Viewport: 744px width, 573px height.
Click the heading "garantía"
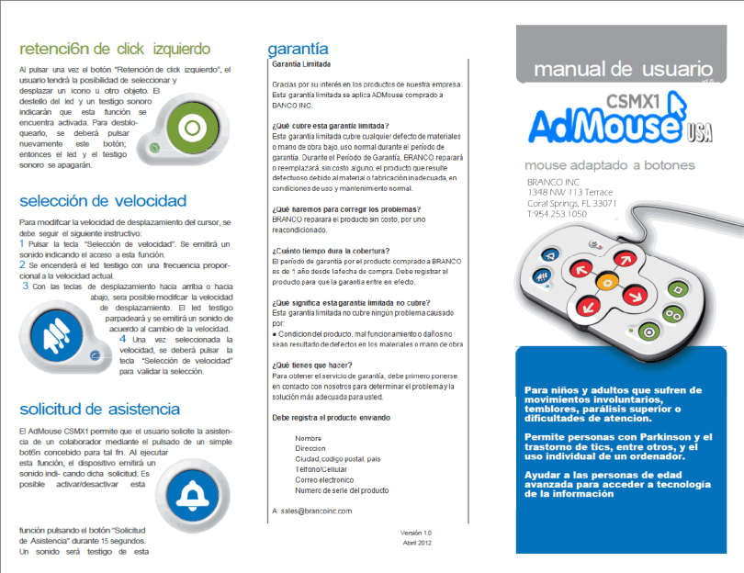pos(298,49)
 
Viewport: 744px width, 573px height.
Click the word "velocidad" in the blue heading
pos(151,200)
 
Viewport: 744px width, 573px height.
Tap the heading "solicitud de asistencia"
pos(99,409)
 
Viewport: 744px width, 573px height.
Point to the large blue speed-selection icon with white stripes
pos(57,326)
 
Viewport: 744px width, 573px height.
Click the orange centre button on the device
pos(607,281)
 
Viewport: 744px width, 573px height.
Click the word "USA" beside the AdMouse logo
pos(701,138)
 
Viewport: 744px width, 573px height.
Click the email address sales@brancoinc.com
pos(317,510)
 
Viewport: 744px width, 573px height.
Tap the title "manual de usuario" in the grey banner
pos(623,69)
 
